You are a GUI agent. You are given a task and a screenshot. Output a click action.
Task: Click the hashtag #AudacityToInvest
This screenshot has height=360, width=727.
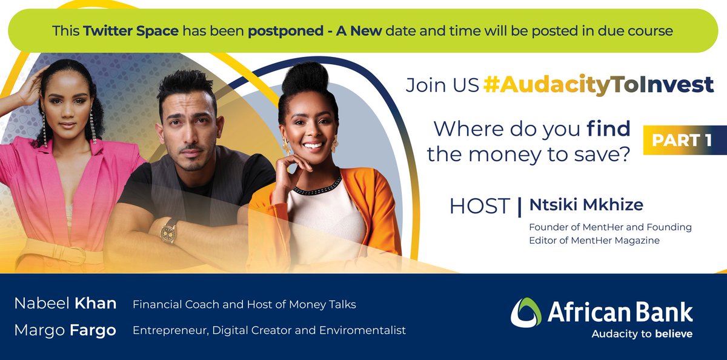[599, 85]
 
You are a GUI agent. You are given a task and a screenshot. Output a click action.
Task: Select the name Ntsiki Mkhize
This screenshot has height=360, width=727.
[586, 205]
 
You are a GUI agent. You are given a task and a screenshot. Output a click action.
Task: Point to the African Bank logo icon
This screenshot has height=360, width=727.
[525, 313]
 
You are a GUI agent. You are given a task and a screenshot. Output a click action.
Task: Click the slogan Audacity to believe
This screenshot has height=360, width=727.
[642, 334]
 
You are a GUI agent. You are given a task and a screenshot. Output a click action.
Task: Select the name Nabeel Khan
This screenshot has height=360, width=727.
[65, 304]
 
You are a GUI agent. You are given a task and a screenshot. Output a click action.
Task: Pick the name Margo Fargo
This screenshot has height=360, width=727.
[65, 330]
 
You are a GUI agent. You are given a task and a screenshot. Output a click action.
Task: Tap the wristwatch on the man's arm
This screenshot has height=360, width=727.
[168, 230]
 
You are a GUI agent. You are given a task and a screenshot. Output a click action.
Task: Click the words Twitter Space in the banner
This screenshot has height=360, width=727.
[131, 30]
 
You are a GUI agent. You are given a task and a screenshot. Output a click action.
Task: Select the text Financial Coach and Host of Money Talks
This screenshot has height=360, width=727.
[244, 304]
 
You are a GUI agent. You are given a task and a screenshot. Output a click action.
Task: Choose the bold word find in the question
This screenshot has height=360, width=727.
[609, 128]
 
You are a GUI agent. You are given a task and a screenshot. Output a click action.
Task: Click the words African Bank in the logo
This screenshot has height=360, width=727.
[620, 312]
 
